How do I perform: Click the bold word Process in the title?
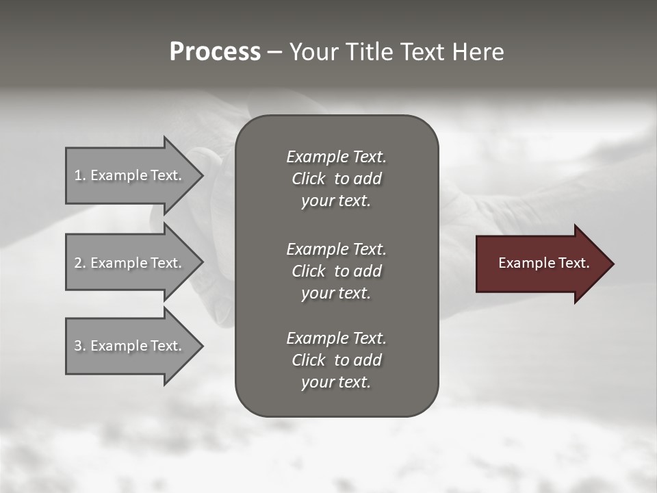tap(215, 52)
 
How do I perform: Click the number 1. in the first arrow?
tap(80, 175)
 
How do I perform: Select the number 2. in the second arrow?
tap(80, 263)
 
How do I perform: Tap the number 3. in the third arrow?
tap(80, 346)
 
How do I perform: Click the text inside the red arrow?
tap(543, 263)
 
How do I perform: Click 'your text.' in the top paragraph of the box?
tap(336, 201)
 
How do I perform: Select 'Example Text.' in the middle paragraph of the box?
tap(336, 249)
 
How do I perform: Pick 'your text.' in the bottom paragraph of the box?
tap(336, 382)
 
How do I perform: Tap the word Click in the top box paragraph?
tap(308, 179)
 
